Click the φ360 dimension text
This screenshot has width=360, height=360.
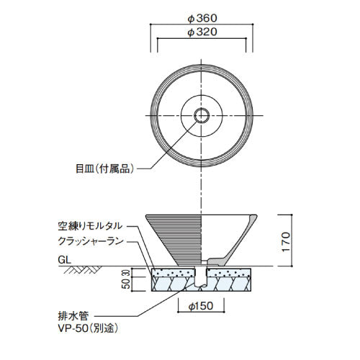click(x=202, y=18)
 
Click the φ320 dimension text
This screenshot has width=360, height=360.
click(x=202, y=32)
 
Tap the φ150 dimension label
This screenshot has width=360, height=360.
click(x=201, y=306)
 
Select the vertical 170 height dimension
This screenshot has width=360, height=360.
click(x=286, y=242)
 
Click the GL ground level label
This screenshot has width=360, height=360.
click(x=64, y=260)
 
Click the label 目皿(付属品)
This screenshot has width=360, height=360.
click(x=104, y=169)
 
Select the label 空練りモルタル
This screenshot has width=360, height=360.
click(x=90, y=226)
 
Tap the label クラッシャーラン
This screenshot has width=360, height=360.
click(x=91, y=241)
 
